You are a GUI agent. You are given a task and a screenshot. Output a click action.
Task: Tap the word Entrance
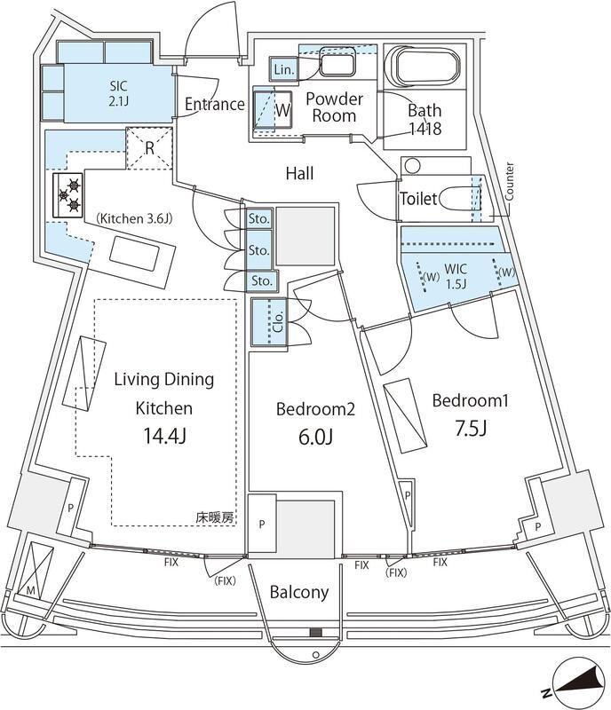(214, 105)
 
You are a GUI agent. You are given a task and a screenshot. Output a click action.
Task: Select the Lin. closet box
(284, 69)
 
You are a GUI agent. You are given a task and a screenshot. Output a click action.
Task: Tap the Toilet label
(418, 200)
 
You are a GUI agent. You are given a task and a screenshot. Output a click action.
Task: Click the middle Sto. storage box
(259, 249)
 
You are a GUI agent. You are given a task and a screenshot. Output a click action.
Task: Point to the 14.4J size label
(163, 437)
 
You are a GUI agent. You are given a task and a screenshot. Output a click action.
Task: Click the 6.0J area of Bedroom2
(315, 438)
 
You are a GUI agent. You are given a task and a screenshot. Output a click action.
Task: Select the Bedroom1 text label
(470, 401)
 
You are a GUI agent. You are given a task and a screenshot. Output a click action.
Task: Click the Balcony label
(299, 593)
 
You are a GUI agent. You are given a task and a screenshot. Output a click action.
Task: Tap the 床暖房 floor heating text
(217, 517)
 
